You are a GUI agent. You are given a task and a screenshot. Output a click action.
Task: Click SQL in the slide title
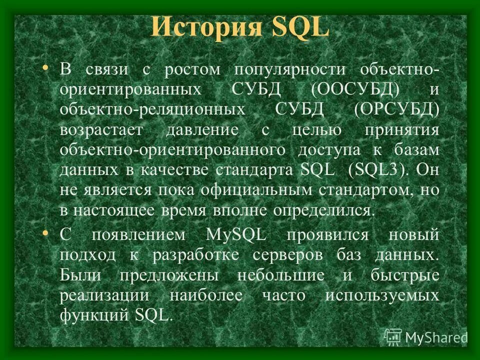pos(298,27)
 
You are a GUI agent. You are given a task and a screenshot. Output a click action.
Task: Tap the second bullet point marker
pos(46,233)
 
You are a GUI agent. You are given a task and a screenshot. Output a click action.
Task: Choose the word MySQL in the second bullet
pos(236,234)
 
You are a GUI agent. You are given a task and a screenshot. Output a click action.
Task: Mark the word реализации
pos(104,295)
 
